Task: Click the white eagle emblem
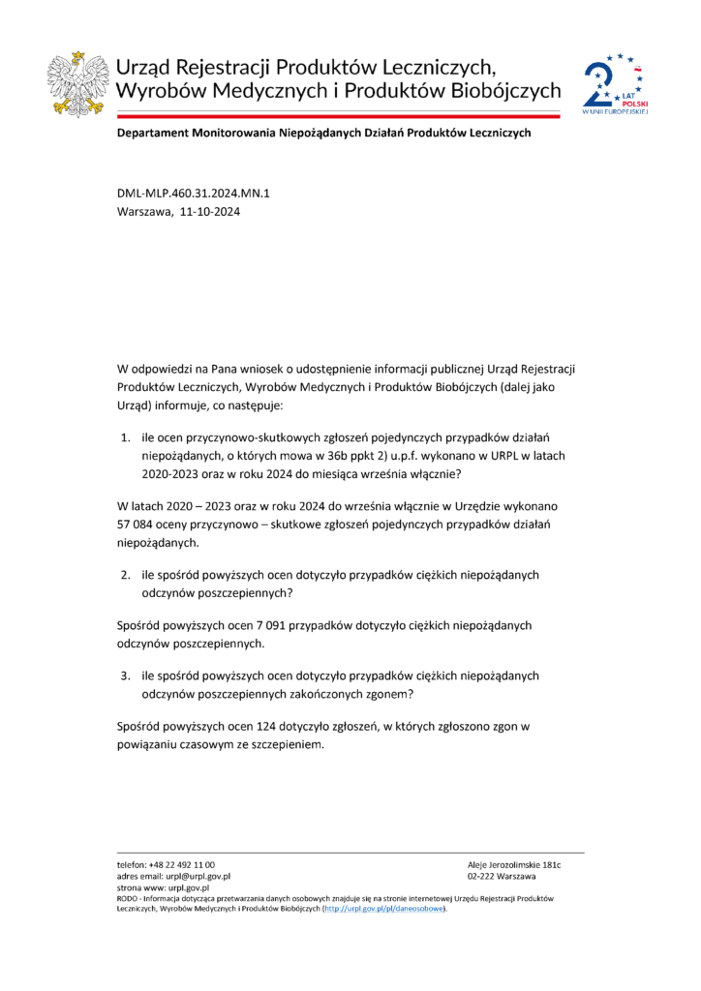pos(77,82)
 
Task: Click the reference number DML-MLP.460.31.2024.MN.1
pos(194,194)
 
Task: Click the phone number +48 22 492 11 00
pos(181,864)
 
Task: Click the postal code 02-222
pos(482,876)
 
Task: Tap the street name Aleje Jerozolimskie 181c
pos(514,864)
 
